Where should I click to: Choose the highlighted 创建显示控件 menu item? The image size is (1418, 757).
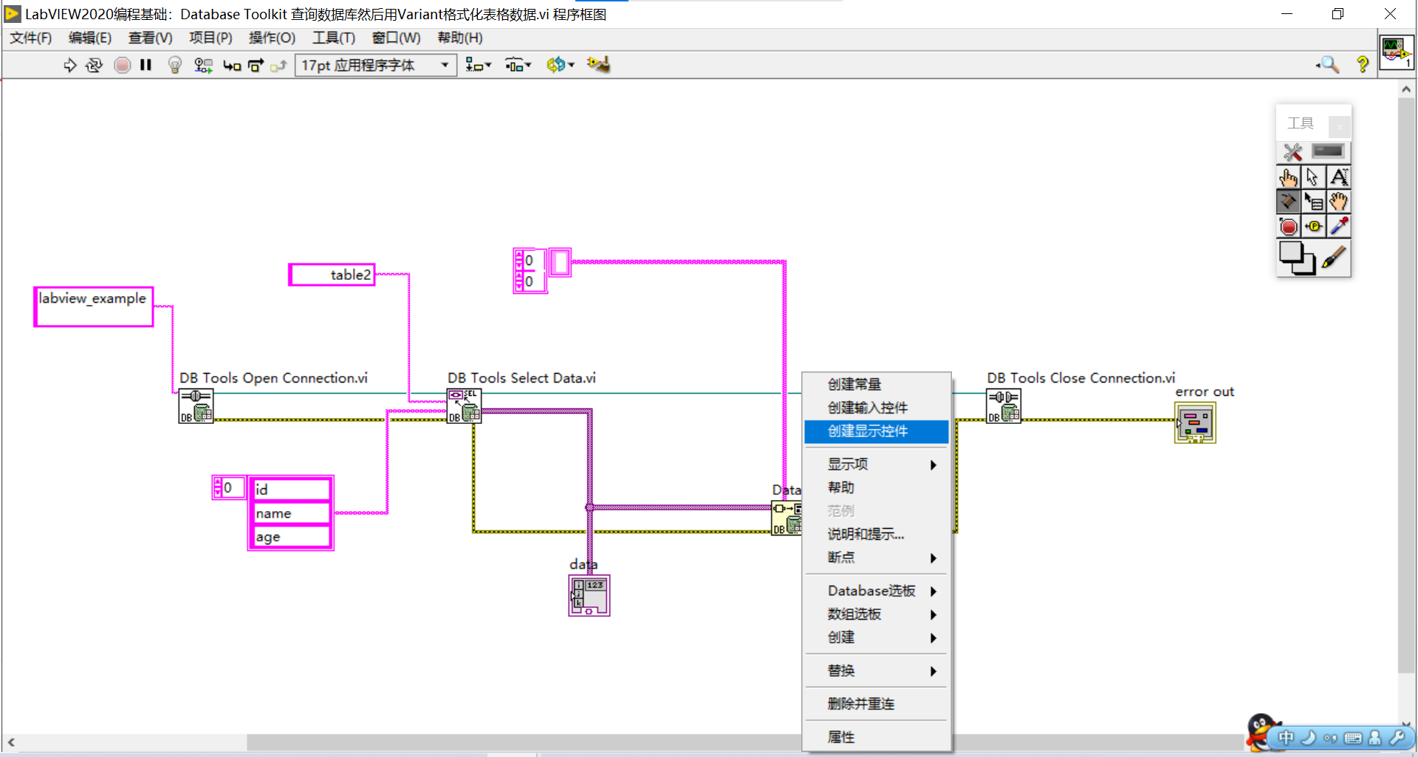click(x=868, y=431)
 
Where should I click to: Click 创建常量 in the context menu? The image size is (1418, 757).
click(x=854, y=385)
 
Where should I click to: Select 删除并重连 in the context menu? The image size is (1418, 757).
click(x=860, y=704)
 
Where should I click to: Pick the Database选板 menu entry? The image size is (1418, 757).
click(x=871, y=591)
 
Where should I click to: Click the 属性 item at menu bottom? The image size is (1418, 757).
click(x=841, y=737)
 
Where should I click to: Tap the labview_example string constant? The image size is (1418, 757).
click(x=93, y=306)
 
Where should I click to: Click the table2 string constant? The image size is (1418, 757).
click(x=332, y=275)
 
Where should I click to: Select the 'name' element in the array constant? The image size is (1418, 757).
click(x=291, y=513)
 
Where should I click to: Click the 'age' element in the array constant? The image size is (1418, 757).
click(x=291, y=537)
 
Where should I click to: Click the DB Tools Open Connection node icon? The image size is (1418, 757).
click(x=196, y=406)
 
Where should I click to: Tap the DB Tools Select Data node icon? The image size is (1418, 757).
click(x=464, y=406)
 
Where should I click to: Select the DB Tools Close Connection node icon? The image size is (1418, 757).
click(x=1004, y=406)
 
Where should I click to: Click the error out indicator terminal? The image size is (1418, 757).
click(x=1195, y=423)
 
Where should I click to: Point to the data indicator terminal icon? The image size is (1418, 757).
click(x=589, y=595)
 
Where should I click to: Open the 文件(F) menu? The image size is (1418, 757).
click(x=30, y=38)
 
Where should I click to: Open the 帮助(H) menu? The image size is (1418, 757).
click(x=459, y=38)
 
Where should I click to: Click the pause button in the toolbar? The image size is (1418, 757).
click(x=146, y=65)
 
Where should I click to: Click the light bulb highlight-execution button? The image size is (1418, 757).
click(x=175, y=65)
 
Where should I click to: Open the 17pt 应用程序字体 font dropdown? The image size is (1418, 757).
click(x=376, y=65)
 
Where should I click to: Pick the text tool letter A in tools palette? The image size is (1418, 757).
click(x=1338, y=177)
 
